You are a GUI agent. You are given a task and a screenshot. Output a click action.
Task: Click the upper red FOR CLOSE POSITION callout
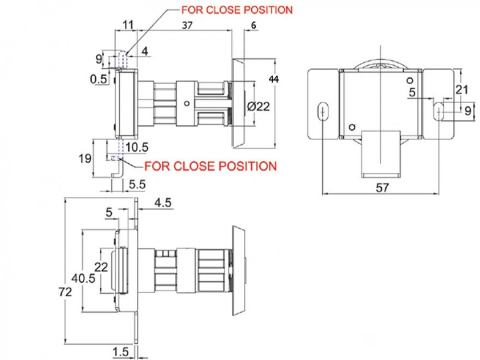237,10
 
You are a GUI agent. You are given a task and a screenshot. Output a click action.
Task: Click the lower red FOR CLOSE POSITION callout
210,166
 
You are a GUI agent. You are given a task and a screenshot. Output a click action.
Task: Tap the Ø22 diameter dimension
258,107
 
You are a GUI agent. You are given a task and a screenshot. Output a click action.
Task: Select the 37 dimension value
187,25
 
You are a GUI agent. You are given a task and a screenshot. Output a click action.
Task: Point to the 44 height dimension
274,79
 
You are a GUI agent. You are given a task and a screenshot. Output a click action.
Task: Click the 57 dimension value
383,188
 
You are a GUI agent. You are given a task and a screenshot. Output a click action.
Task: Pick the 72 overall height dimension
65,292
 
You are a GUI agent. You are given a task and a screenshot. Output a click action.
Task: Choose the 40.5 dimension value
83,278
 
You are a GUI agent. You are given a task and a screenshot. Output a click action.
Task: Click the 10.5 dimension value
136,147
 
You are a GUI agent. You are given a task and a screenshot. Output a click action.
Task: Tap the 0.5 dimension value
98,79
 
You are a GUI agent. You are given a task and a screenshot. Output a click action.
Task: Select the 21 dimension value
462,90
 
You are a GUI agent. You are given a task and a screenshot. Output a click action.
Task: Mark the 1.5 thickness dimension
120,352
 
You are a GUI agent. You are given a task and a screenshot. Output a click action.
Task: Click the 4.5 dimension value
163,203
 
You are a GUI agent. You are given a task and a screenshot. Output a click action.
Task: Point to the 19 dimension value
85,158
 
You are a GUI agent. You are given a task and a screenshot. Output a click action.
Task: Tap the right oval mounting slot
439,112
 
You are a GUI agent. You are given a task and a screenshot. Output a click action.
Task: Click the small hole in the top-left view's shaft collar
186,104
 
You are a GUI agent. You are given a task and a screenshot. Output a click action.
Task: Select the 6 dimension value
253,25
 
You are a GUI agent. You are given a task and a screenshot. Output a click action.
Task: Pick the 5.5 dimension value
137,185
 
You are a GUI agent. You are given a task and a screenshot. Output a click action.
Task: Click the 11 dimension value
128,24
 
